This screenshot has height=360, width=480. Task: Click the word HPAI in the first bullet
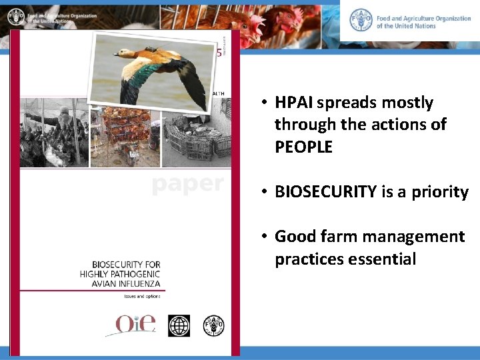[294, 103]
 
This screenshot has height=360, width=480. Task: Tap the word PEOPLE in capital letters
[303, 147]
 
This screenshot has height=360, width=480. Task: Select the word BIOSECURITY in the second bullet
[325, 192]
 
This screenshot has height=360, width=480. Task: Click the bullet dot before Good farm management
[265, 237]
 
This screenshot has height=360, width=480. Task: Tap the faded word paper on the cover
[187, 183]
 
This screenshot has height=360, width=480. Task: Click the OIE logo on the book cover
[135, 324]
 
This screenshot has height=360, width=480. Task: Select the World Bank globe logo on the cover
[179, 325]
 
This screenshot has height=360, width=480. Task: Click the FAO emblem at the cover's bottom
[213, 325]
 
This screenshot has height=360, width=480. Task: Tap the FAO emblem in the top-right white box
[361, 19]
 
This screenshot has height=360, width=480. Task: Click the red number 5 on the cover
[219, 53]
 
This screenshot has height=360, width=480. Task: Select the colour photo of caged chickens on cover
[120, 133]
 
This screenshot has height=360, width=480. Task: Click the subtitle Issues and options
[139, 295]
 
